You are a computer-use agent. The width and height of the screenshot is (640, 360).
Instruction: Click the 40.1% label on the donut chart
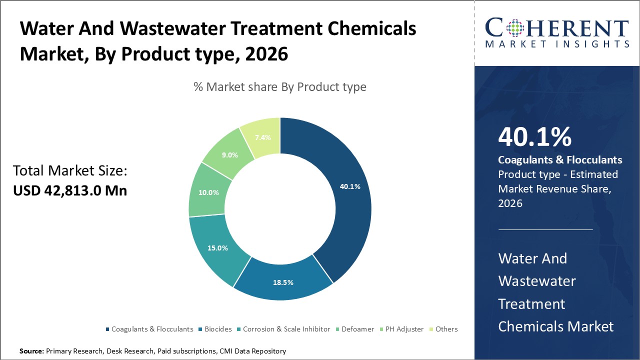point(350,186)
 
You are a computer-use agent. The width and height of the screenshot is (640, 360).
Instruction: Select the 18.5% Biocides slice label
point(283,282)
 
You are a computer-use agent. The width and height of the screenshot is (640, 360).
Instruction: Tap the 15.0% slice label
point(218,248)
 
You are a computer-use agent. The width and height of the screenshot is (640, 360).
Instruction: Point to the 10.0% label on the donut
point(209,192)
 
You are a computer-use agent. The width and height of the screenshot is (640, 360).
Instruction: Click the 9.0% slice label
point(230,155)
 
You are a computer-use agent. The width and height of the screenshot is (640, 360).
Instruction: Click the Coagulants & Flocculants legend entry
point(152,329)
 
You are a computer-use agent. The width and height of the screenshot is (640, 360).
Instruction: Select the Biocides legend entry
point(218,329)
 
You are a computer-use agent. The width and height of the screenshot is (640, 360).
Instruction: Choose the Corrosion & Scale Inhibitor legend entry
point(286,329)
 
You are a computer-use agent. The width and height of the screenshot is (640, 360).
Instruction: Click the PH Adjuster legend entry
point(404,329)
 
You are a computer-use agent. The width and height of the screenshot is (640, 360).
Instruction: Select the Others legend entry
point(446,329)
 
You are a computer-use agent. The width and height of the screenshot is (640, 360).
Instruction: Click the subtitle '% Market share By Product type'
point(280,87)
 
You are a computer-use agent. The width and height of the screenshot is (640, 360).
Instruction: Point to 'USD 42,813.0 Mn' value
point(70,190)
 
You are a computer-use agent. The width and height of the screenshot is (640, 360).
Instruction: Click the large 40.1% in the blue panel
point(535,137)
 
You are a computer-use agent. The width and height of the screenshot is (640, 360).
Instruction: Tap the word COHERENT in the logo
point(557,27)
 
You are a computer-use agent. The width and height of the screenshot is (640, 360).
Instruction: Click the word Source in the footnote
point(31,351)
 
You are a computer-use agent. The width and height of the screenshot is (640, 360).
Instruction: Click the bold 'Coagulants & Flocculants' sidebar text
point(560,160)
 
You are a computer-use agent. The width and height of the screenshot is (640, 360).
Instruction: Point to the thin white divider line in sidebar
point(545,230)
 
